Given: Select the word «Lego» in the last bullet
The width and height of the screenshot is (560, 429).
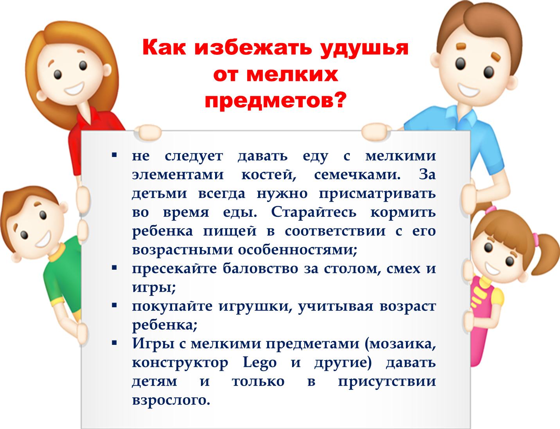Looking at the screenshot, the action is pyautogui.click(x=260, y=363).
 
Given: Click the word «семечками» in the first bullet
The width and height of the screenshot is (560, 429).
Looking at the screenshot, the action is pyautogui.click(x=357, y=175).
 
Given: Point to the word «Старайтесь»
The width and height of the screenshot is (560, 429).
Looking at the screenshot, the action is pyautogui.click(x=314, y=212).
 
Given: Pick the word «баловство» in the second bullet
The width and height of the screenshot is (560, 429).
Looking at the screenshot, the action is pyautogui.click(x=260, y=269).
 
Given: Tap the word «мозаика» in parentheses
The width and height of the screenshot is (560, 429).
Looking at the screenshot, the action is pyautogui.click(x=400, y=344).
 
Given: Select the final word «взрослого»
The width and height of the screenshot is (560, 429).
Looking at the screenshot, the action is pyautogui.click(x=171, y=400).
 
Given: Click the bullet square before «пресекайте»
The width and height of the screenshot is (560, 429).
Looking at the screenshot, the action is pyautogui.click(x=114, y=268).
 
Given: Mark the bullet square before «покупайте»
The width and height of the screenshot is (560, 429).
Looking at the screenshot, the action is pyautogui.click(x=114, y=305).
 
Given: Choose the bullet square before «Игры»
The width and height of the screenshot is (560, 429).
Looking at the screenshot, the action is pyautogui.click(x=114, y=343).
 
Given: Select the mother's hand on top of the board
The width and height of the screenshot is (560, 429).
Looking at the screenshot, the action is pyautogui.click(x=147, y=133).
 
